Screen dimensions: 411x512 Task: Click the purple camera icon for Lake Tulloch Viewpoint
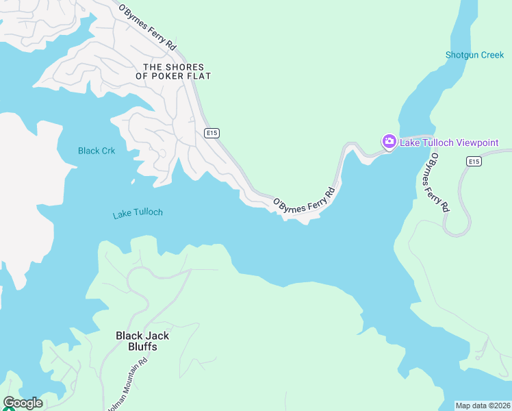point(389,142)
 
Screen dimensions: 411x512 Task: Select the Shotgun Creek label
point(474,55)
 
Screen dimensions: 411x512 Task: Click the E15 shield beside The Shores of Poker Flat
point(211,132)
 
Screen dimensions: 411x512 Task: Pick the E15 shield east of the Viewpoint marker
point(474,161)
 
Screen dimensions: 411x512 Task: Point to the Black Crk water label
point(97,151)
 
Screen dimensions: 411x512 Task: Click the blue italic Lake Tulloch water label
point(138,213)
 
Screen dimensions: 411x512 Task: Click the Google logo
point(23,403)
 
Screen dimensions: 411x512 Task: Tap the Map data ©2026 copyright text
point(483,406)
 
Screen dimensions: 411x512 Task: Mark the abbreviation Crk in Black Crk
point(107,151)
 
